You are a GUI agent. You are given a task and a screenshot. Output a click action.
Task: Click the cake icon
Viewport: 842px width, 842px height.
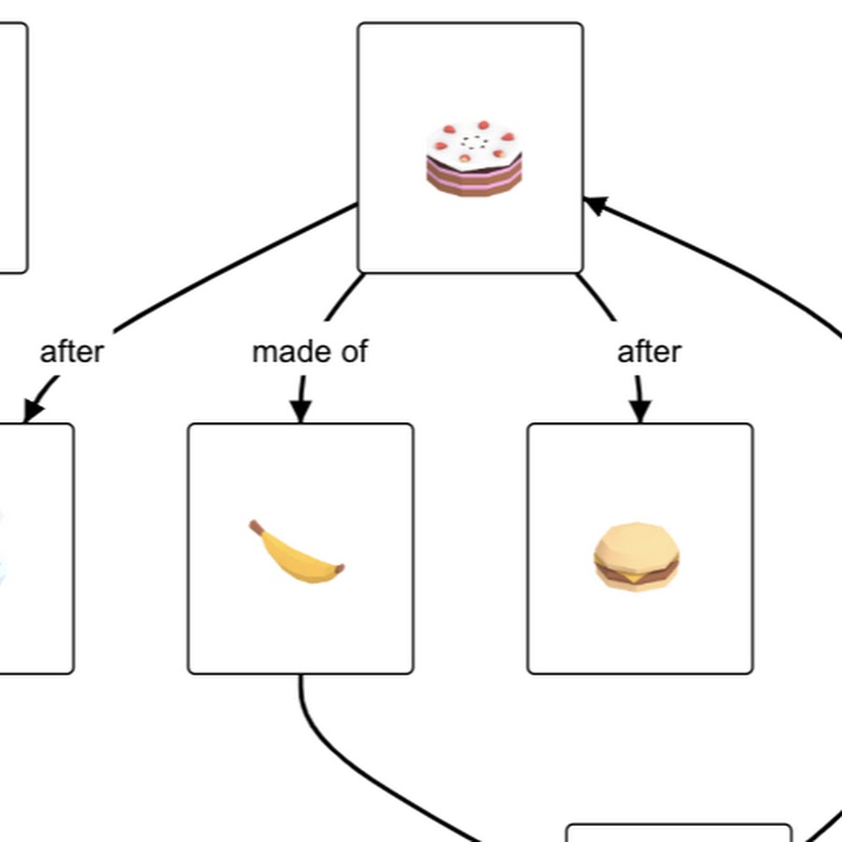473,159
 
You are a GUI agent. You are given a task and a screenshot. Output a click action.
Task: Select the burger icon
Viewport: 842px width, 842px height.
636,557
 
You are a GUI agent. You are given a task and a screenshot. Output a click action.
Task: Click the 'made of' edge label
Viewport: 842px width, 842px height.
310,352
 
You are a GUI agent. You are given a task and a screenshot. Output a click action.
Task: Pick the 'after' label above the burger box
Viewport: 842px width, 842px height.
649,352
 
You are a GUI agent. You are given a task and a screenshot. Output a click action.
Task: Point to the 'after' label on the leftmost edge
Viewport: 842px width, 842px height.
72,352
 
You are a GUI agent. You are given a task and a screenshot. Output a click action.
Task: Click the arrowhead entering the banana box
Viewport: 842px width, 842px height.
300,411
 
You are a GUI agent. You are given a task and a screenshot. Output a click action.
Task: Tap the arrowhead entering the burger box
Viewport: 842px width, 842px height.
640,411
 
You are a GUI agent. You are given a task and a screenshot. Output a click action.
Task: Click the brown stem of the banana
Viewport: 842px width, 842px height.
255,529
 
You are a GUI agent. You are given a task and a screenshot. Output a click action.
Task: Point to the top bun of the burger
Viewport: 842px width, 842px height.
637,540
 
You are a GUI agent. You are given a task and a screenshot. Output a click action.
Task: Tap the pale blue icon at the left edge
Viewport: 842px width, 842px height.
3,552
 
